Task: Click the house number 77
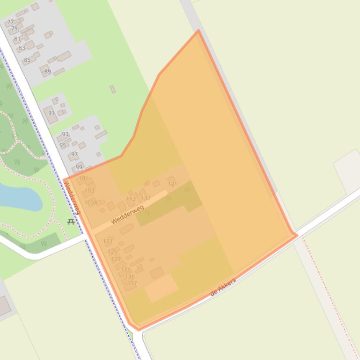click(11, 22)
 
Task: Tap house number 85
click(27, 60)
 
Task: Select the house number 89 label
click(47, 72)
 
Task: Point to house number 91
click(51, 113)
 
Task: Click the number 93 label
click(66, 134)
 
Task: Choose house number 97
click(74, 154)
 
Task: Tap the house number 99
click(79, 167)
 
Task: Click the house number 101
click(83, 178)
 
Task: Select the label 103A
click(91, 203)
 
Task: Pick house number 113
click(131, 199)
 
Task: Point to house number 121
click(173, 184)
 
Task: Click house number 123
click(108, 241)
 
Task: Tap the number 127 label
click(116, 259)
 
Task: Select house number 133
click(125, 270)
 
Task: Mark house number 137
click(132, 283)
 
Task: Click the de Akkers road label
click(223, 287)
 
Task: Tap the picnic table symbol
click(71, 222)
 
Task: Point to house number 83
click(22, 48)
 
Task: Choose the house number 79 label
click(14, 29)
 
